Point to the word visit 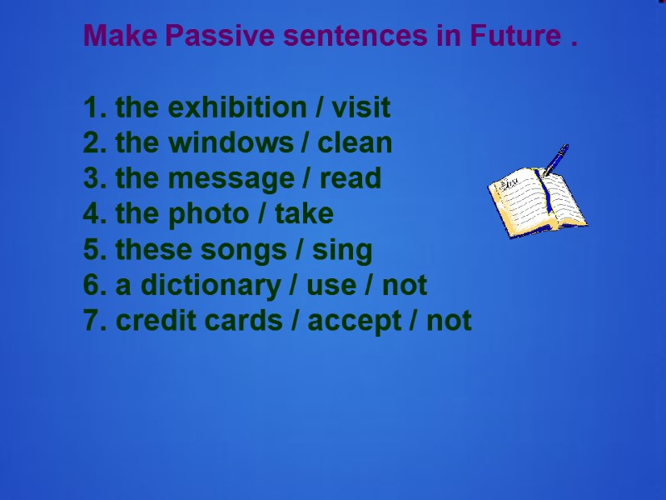pyautogui.click(x=361, y=107)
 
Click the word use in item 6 pyautogui.click(x=331, y=286)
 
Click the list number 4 pyautogui.click(x=91, y=214)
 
